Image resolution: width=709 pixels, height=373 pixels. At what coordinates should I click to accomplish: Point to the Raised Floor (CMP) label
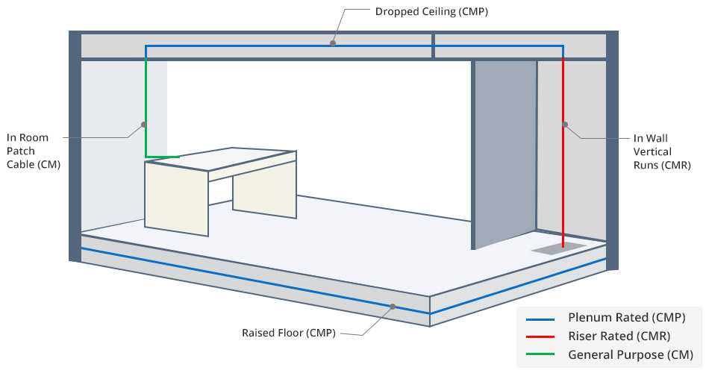pyautogui.click(x=288, y=333)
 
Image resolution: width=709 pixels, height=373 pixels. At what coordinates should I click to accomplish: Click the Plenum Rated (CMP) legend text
pyautogui.click(x=626, y=318)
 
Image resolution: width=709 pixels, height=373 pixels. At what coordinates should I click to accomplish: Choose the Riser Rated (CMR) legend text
pyautogui.click(x=619, y=336)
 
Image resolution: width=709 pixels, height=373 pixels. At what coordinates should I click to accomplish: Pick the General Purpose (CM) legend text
pyautogui.click(x=631, y=354)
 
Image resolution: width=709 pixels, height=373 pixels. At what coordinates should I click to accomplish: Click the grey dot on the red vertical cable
pyautogui.click(x=564, y=124)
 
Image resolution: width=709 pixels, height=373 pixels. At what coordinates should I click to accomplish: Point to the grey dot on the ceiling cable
pyautogui.click(x=333, y=43)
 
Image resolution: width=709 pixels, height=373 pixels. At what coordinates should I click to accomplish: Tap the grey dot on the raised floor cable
pyautogui.click(x=393, y=306)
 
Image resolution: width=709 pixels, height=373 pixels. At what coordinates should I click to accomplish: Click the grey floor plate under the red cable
pyautogui.click(x=558, y=247)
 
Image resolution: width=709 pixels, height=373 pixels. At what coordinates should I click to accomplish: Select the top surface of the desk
pyautogui.click(x=224, y=159)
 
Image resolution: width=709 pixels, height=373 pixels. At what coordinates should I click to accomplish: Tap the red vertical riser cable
pyautogui.click(x=563, y=186)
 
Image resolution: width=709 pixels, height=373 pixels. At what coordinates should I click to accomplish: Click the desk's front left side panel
pyautogui.click(x=176, y=198)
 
